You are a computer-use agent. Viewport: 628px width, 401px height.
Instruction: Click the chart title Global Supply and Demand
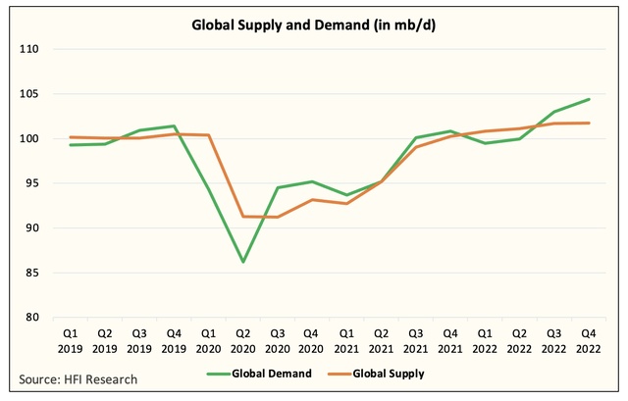pos(313,25)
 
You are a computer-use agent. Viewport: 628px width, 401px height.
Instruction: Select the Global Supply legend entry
pos(393,374)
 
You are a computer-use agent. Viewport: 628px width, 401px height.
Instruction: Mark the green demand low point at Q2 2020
pos(242,262)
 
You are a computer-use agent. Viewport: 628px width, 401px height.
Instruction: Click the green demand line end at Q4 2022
pos(589,99)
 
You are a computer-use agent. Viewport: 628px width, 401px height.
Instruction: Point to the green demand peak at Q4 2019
pos(173,125)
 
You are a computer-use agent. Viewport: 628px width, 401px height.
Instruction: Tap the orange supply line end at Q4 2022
pos(589,123)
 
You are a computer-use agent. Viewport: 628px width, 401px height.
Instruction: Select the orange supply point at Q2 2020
pos(242,216)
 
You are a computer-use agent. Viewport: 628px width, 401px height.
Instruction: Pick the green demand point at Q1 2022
pos(485,143)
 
